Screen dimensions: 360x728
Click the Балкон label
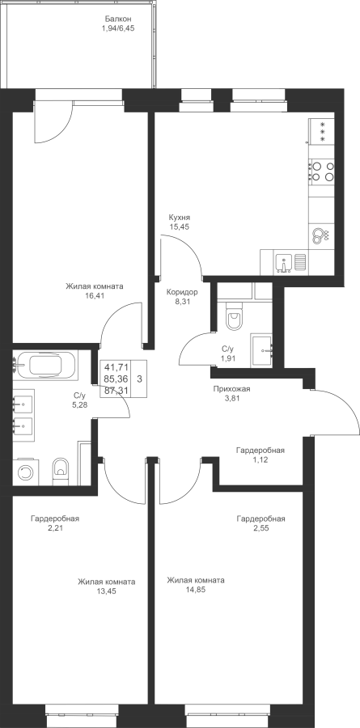click(118, 19)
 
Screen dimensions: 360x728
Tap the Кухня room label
click(180, 218)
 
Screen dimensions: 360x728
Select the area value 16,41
click(95, 295)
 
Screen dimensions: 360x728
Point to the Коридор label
click(182, 293)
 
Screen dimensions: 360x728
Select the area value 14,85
click(196, 590)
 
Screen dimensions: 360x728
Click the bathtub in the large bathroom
click(45, 366)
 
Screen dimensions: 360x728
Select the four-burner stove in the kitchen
click(321, 171)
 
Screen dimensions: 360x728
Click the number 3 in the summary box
click(139, 379)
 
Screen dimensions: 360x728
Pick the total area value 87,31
click(116, 391)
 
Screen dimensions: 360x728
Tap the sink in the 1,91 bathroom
click(261, 350)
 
